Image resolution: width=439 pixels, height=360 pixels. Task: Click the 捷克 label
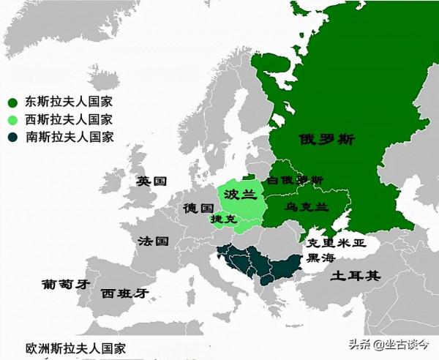pos(223,219)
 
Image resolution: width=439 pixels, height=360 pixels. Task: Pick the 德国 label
pos(198,207)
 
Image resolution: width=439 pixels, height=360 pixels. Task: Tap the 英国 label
pos(153,181)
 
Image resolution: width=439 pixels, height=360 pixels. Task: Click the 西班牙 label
pos(124,293)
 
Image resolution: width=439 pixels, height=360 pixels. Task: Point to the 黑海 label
pos(322,258)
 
